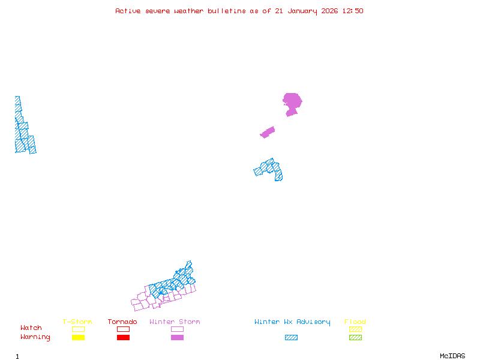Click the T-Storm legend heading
coord(77,322)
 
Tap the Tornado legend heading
coord(122,322)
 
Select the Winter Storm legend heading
coord(175,322)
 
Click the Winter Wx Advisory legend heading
coord(292,322)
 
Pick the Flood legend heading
coord(355,322)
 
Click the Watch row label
coord(31,328)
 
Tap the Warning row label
coord(35,337)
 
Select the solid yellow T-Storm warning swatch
coord(78,338)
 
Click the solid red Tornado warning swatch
coord(123,338)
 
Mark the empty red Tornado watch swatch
coord(123,329)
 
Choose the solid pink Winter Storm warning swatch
coord(177,338)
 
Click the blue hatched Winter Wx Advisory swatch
coord(291,338)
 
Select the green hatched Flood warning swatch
coord(355,338)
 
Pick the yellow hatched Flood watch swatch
coord(355,329)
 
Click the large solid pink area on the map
coord(292,101)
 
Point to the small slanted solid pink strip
coord(268,132)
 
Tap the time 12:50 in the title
coord(352,11)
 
